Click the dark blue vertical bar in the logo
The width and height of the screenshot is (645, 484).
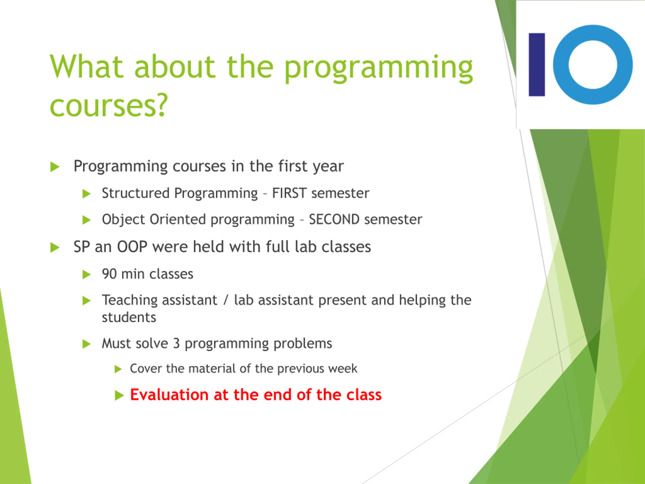click(x=537, y=65)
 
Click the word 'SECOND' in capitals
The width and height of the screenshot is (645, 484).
click(x=334, y=219)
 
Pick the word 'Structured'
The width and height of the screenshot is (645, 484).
click(x=136, y=193)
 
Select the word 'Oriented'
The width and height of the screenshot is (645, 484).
click(x=178, y=219)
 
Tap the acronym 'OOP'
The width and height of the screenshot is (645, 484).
click(x=132, y=247)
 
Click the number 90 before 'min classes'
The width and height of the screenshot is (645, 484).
click(x=109, y=274)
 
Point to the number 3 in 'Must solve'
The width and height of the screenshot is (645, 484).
click(x=176, y=343)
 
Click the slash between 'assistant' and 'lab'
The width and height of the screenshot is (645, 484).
click(x=226, y=300)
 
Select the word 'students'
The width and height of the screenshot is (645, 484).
click(x=129, y=317)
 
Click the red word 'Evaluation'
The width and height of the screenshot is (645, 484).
click(x=169, y=395)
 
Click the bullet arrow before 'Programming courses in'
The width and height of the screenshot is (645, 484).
click(x=55, y=167)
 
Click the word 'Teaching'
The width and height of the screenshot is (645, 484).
click(x=130, y=300)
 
